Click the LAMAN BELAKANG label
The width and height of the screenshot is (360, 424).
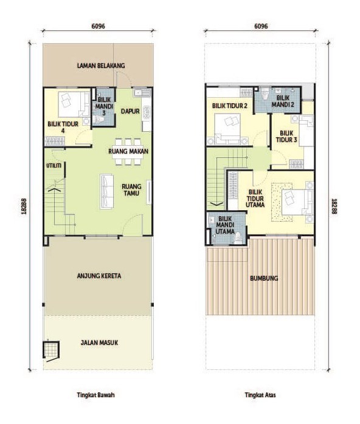click(x=101, y=66)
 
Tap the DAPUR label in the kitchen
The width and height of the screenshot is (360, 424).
click(x=130, y=111)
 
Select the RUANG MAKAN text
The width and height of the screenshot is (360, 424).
click(x=128, y=151)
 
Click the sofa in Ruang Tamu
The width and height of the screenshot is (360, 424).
click(x=106, y=191)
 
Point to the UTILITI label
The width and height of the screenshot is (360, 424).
click(x=54, y=165)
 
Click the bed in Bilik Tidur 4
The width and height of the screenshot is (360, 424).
click(x=74, y=104)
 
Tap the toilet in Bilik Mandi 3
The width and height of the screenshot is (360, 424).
click(x=99, y=120)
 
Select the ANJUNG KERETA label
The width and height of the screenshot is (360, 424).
click(x=99, y=276)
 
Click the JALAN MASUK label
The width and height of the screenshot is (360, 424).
click(x=99, y=343)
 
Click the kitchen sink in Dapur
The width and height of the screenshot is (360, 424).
click(x=142, y=92)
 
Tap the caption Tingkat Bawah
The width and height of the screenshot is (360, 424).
click(x=96, y=395)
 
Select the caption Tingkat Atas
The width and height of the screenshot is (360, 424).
click(x=260, y=395)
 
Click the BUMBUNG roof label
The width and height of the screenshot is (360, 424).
click(x=264, y=278)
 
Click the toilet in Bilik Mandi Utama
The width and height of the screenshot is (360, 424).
click(x=238, y=237)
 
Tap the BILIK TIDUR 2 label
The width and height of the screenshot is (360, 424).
click(x=230, y=106)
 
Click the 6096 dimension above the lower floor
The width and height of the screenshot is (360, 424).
click(x=99, y=26)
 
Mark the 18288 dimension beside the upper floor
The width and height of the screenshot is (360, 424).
click(x=334, y=207)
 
